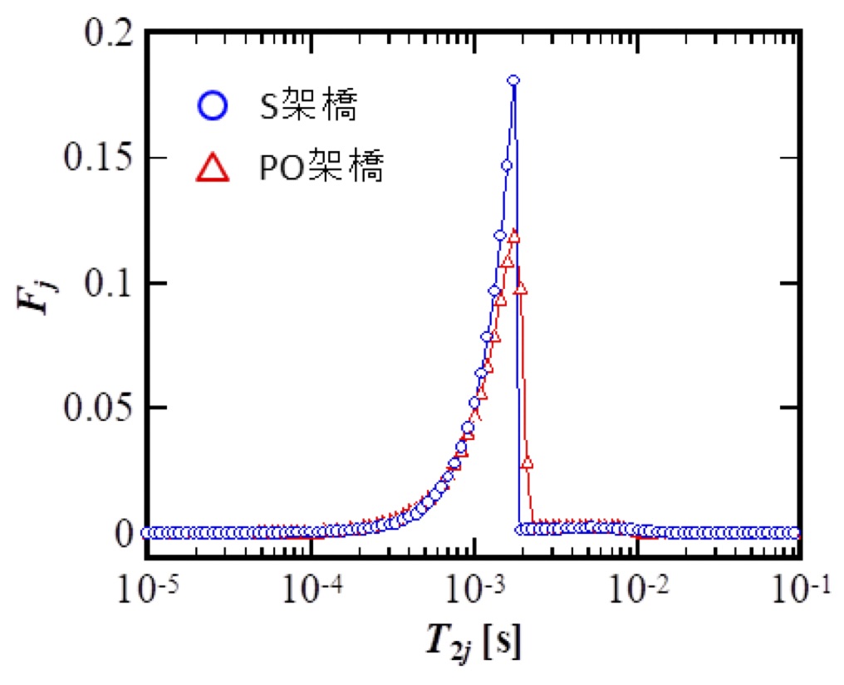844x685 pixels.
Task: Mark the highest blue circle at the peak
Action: click(x=513, y=81)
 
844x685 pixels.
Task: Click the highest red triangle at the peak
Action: click(x=513, y=237)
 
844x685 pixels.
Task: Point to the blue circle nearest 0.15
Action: click(x=507, y=165)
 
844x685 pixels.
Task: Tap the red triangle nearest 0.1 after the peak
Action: click(x=521, y=290)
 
